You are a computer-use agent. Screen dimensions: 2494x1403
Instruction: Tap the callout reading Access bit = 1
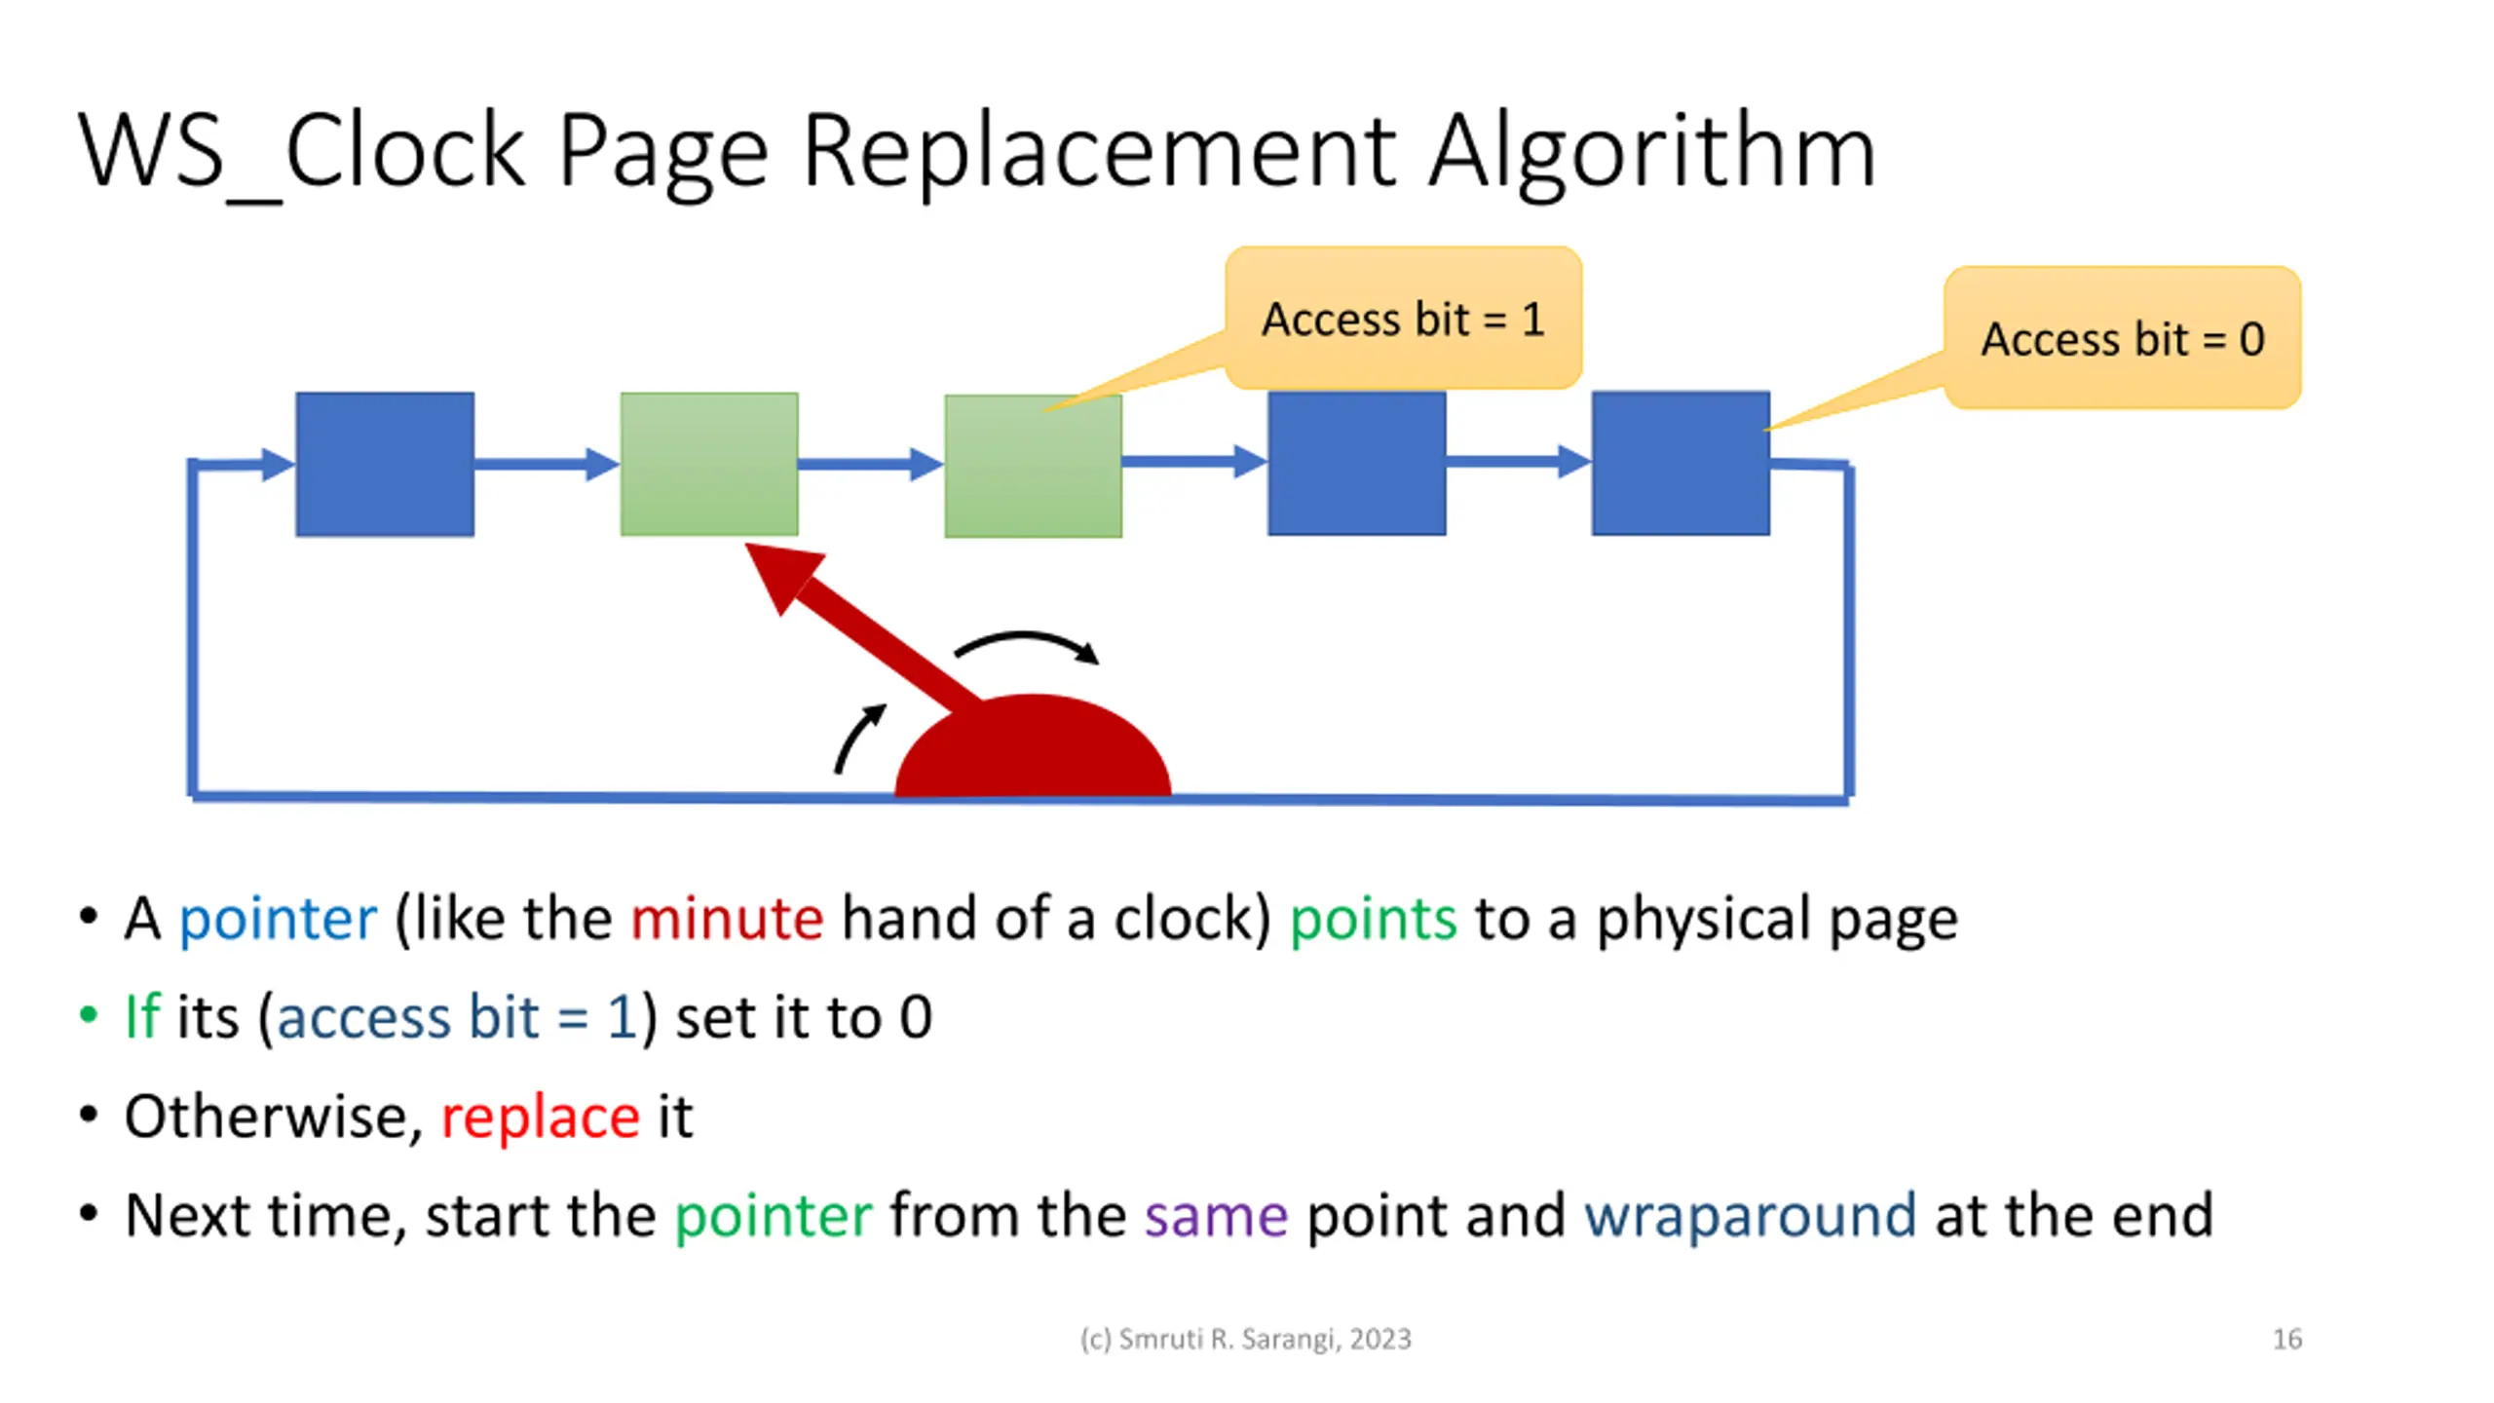pyautogui.click(x=1403, y=318)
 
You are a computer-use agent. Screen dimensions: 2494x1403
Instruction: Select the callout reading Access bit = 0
pyautogui.click(x=2122, y=338)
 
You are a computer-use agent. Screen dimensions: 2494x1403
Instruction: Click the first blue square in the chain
pyautogui.click(x=385, y=464)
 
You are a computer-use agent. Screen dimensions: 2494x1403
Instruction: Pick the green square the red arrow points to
pyautogui.click(x=709, y=464)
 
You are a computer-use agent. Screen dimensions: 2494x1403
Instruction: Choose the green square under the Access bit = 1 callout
pyautogui.click(x=1033, y=466)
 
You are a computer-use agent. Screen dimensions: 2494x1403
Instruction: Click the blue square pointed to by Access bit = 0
pyautogui.click(x=1681, y=463)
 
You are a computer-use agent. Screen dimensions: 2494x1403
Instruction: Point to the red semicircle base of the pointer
pyautogui.click(x=1033, y=746)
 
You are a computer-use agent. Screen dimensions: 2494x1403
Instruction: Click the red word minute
pyautogui.click(x=727, y=918)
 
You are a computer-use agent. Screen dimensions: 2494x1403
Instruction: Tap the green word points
pyautogui.click(x=1374, y=920)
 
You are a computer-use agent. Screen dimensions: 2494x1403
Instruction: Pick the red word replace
pyautogui.click(x=541, y=1117)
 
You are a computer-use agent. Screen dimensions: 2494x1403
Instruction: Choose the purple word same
pyautogui.click(x=1216, y=1216)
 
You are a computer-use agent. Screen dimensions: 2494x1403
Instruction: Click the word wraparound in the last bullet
pyautogui.click(x=1750, y=1216)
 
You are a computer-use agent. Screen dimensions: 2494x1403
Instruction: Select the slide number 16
pyautogui.click(x=2287, y=1339)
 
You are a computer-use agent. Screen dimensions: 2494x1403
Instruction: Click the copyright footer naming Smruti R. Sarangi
pyautogui.click(x=1245, y=1340)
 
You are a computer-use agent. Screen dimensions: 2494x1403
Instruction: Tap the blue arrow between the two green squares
pyautogui.click(x=871, y=465)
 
